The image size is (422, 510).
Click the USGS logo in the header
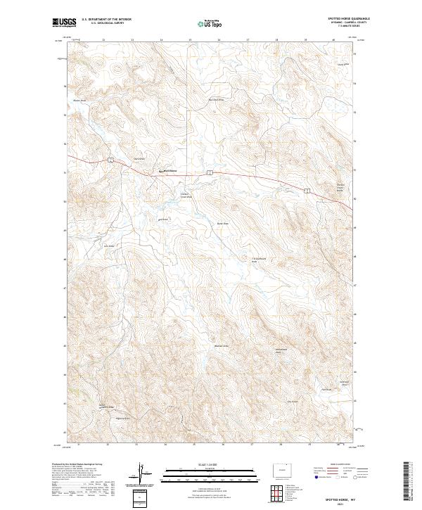63,23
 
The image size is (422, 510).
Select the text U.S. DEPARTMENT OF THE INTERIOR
106,19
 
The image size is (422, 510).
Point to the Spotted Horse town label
169,171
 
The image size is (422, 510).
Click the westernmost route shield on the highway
111,162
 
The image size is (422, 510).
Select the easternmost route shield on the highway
307,190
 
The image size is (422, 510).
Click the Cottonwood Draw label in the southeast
279,351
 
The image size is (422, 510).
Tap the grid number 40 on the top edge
333,40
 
